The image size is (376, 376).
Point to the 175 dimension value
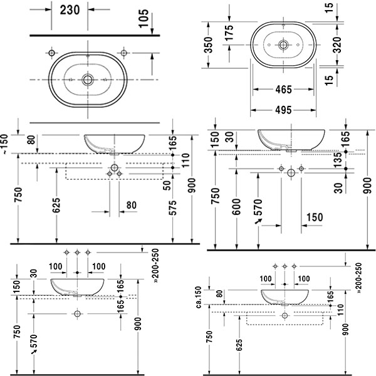click(231, 31)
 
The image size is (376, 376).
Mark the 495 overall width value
click(283, 110)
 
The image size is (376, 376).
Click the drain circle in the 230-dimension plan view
click(87, 80)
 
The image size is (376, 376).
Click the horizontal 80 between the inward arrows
click(132, 204)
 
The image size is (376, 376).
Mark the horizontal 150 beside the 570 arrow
click(313, 217)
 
